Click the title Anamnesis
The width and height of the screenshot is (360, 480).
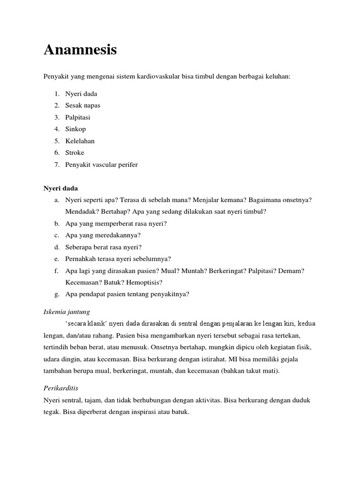(x=80, y=50)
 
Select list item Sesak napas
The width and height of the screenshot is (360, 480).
(x=82, y=105)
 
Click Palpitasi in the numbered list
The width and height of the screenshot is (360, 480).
(x=78, y=117)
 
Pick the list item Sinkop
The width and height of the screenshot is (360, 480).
(x=75, y=129)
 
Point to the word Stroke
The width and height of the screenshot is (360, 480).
(x=75, y=152)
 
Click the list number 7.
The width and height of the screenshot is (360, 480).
(x=56, y=165)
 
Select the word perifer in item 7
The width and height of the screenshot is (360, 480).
(x=127, y=165)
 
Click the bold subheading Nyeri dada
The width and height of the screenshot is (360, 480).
(x=61, y=188)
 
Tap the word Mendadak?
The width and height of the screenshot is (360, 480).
(x=81, y=212)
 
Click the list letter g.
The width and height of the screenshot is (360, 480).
(x=56, y=294)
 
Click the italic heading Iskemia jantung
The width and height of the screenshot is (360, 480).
(x=67, y=311)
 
